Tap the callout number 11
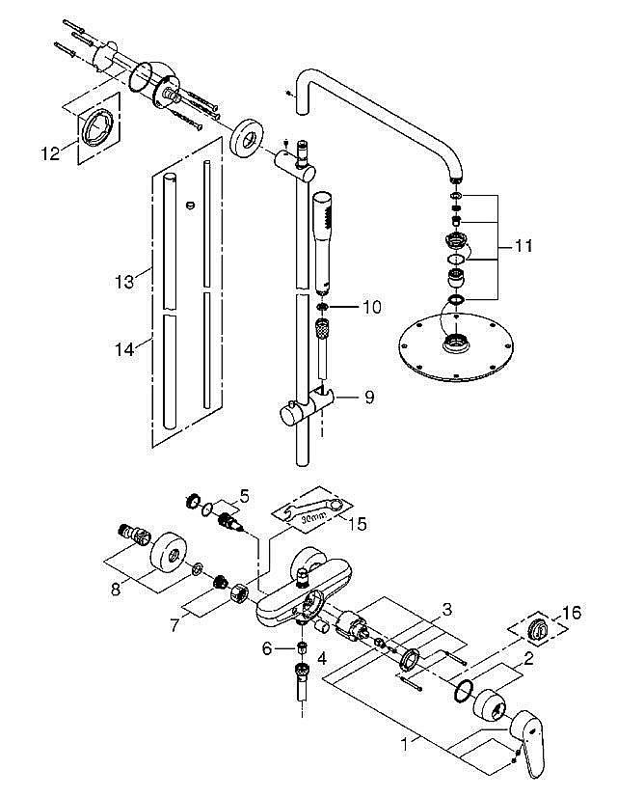click(523, 247)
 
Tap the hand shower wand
click(323, 241)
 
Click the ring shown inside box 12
click(97, 125)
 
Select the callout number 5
click(244, 496)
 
